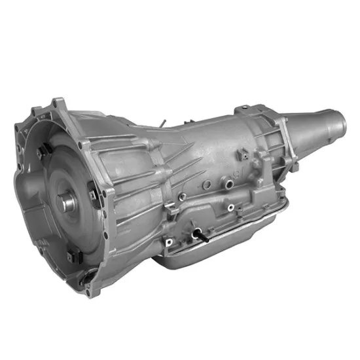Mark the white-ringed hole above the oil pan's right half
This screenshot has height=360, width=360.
click(230, 209)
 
